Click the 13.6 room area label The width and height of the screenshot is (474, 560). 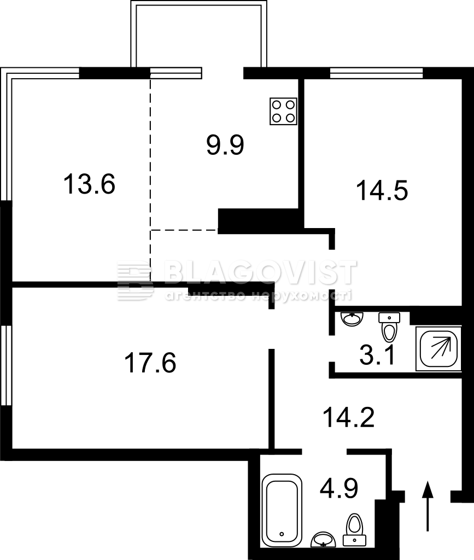click(89, 184)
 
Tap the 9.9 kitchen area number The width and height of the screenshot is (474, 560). click(225, 145)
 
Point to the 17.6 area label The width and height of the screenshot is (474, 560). click(150, 363)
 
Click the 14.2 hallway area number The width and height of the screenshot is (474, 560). click(349, 417)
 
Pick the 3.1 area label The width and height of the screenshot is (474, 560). click(377, 355)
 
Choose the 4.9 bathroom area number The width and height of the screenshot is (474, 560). click(339, 488)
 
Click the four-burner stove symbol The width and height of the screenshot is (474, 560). click(283, 112)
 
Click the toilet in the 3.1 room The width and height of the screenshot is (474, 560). click(389, 327)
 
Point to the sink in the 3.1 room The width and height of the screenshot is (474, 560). click(352, 319)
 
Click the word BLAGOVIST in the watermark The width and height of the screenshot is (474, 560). click(260, 272)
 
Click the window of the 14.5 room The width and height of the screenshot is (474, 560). click(377, 73)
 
